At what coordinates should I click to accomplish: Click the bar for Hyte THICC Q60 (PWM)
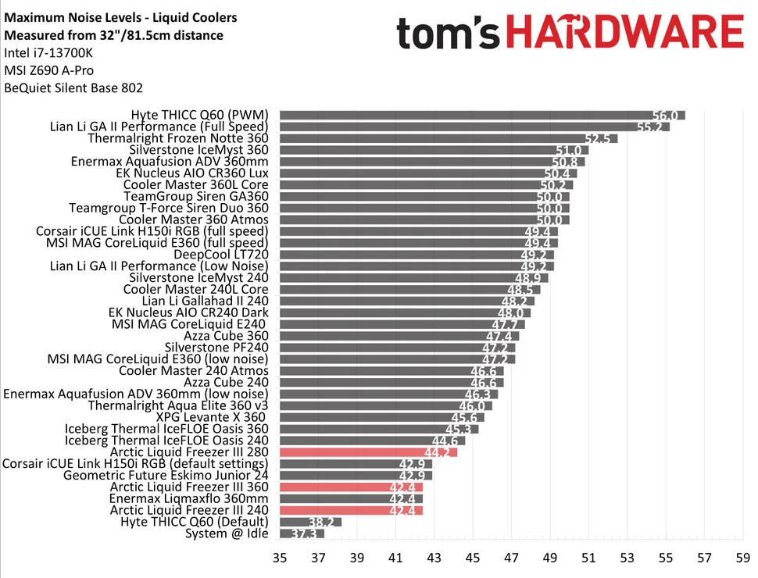[x=481, y=115]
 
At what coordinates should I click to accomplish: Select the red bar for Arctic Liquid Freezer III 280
[x=368, y=452]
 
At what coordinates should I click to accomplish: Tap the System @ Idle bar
[x=302, y=533]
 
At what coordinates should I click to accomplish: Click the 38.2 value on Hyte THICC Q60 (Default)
[x=322, y=522]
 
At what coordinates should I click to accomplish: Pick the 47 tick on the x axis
[x=511, y=558]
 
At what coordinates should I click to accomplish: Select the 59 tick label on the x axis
[x=742, y=558]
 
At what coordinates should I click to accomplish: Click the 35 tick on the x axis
[x=280, y=558]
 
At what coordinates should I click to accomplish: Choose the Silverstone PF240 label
[x=216, y=348]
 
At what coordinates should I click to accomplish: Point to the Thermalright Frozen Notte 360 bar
[x=449, y=138]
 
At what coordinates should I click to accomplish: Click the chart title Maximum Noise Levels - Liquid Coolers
[x=120, y=17]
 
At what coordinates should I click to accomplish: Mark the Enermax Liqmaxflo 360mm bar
[x=351, y=498]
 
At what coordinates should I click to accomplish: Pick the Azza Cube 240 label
[x=226, y=382]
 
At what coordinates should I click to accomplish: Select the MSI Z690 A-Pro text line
[x=49, y=71]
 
